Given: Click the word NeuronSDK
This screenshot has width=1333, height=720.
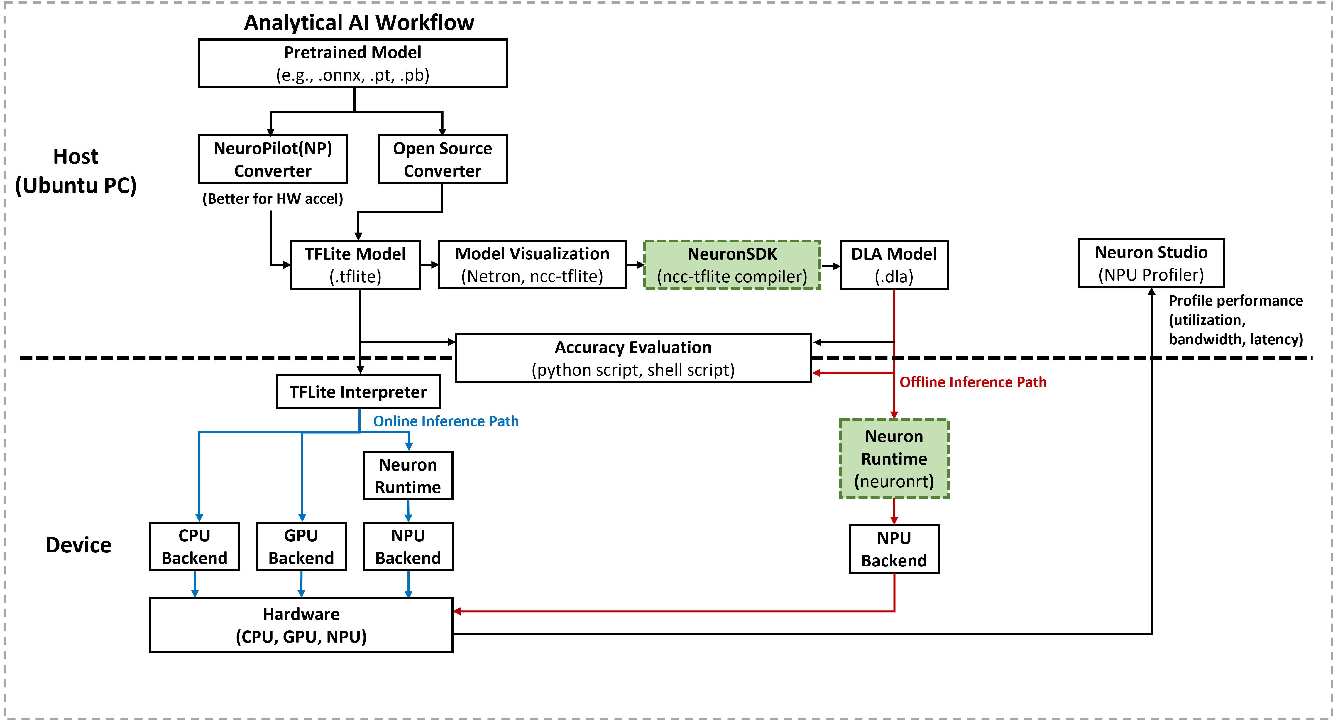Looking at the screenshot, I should coord(732,254).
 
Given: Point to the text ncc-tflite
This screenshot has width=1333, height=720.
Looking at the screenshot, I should coord(696,277).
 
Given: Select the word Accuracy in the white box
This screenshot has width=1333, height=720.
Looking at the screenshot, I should coord(589,347).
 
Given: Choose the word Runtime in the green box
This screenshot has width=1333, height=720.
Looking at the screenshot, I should coord(894,459).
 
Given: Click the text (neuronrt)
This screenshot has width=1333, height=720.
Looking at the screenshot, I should coord(894,482).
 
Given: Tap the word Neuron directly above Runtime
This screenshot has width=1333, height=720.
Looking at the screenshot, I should coord(894,436).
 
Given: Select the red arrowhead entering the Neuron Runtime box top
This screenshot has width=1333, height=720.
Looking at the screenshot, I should coord(894,415).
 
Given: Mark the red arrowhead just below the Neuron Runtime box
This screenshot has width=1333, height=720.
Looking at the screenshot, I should coord(894,520).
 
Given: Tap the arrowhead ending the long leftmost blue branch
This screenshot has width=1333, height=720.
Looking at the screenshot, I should coord(199,517).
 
